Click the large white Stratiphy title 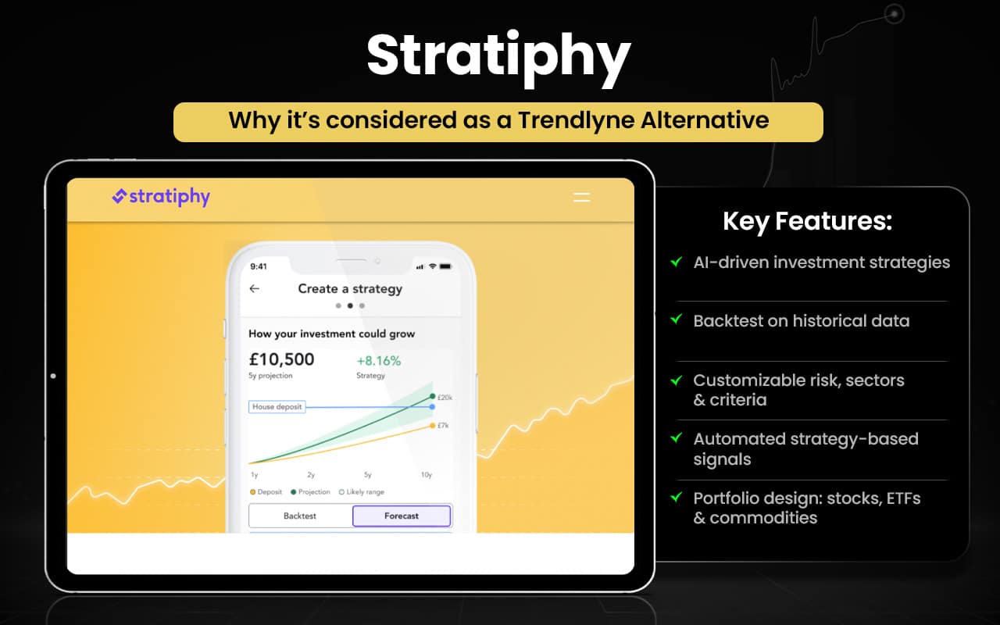(x=498, y=56)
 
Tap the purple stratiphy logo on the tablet (x=161, y=197)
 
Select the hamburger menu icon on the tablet (x=581, y=198)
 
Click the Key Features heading (x=807, y=221)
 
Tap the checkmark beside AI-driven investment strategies (x=676, y=262)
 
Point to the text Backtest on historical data (x=801, y=320)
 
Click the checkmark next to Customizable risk (x=676, y=380)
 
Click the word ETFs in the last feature (x=898, y=498)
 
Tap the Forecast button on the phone (x=401, y=516)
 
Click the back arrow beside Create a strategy (x=254, y=288)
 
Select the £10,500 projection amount (x=281, y=359)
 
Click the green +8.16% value (x=378, y=361)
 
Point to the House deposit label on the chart (x=277, y=406)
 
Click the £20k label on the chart (x=444, y=398)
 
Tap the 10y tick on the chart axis (x=427, y=475)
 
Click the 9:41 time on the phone (x=259, y=266)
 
